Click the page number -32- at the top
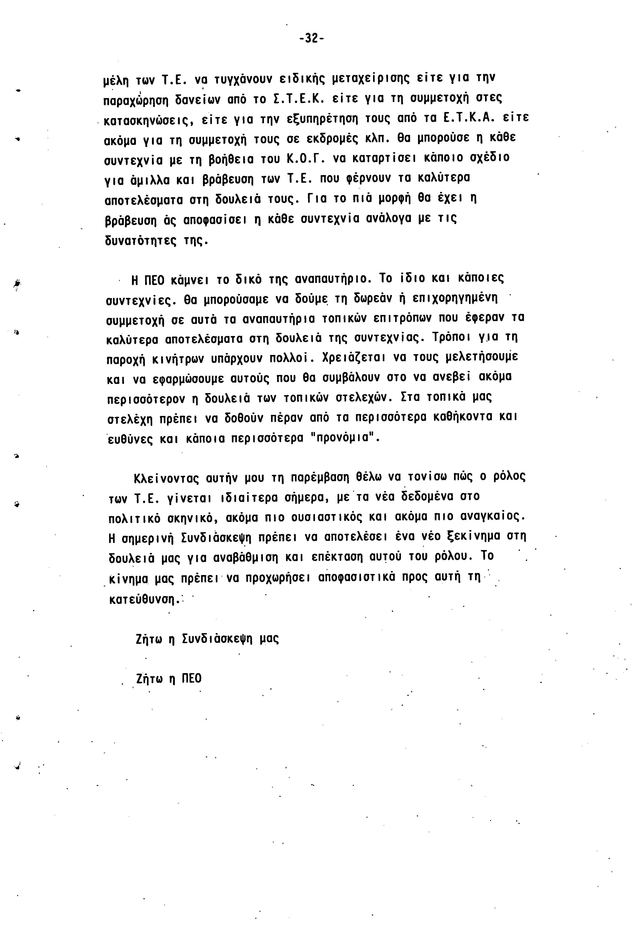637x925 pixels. tap(311, 38)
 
